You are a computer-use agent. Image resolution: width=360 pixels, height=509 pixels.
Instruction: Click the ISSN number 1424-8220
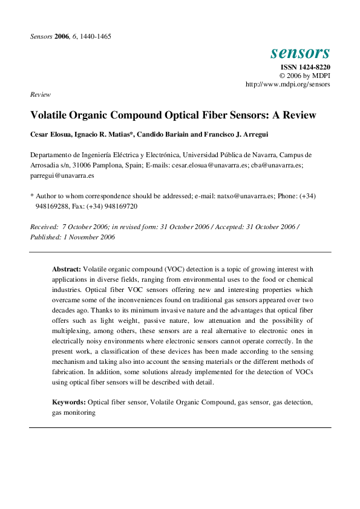coord(305,67)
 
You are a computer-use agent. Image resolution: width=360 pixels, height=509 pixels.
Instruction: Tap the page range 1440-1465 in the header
coord(94,36)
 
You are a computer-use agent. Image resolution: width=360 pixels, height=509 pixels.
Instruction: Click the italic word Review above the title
coord(41,95)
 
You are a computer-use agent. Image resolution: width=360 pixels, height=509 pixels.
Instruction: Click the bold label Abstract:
coord(67,268)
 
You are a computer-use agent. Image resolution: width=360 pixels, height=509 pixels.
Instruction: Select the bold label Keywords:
coord(68,401)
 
